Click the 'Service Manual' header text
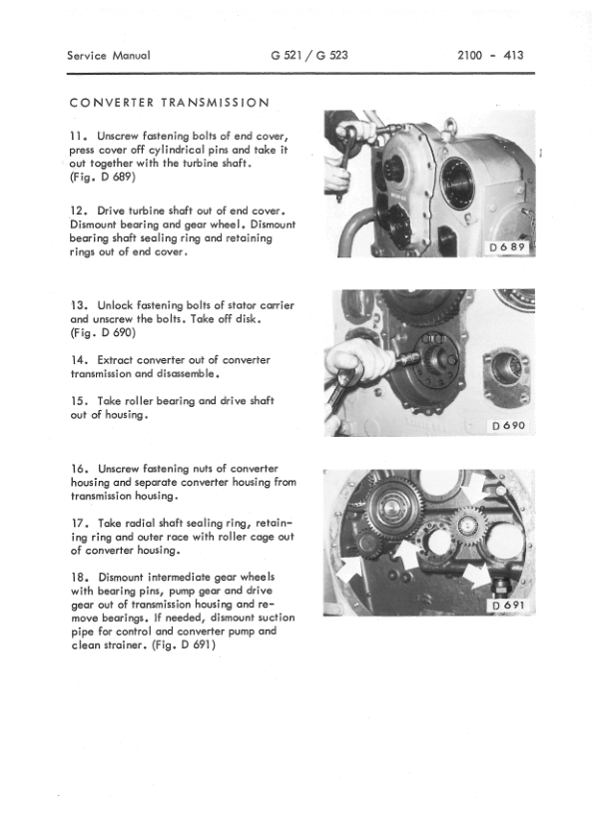pos(110,56)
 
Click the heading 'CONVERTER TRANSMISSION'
pos(168,103)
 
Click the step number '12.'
pos(80,211)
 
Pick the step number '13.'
pos(80,303)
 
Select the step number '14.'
pos(80,359)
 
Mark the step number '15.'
pos(80,401)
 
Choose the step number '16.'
pos(80,468)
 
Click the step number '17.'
pos(80,523)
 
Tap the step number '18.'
pos(80,578)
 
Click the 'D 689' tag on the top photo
pos(508,245)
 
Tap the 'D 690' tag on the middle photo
pos(510,426)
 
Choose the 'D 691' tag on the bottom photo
pos(510,607)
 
